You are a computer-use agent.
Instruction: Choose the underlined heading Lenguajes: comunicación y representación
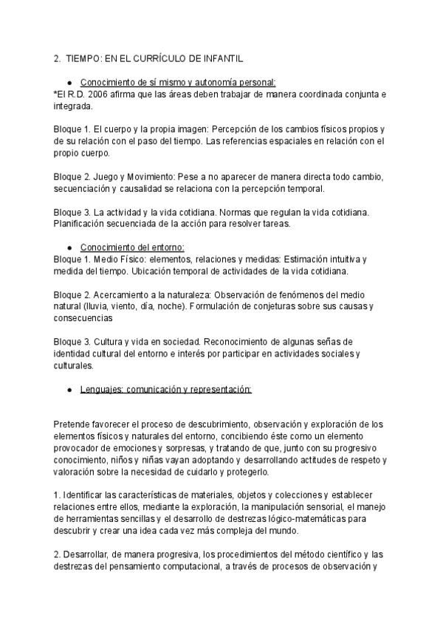(x=165, y=388)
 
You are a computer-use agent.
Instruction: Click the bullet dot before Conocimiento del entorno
(x=69, y=247)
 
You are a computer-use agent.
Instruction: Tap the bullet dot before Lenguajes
(x=69, y=389)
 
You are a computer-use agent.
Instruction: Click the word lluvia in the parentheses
(x=108, y=306)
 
